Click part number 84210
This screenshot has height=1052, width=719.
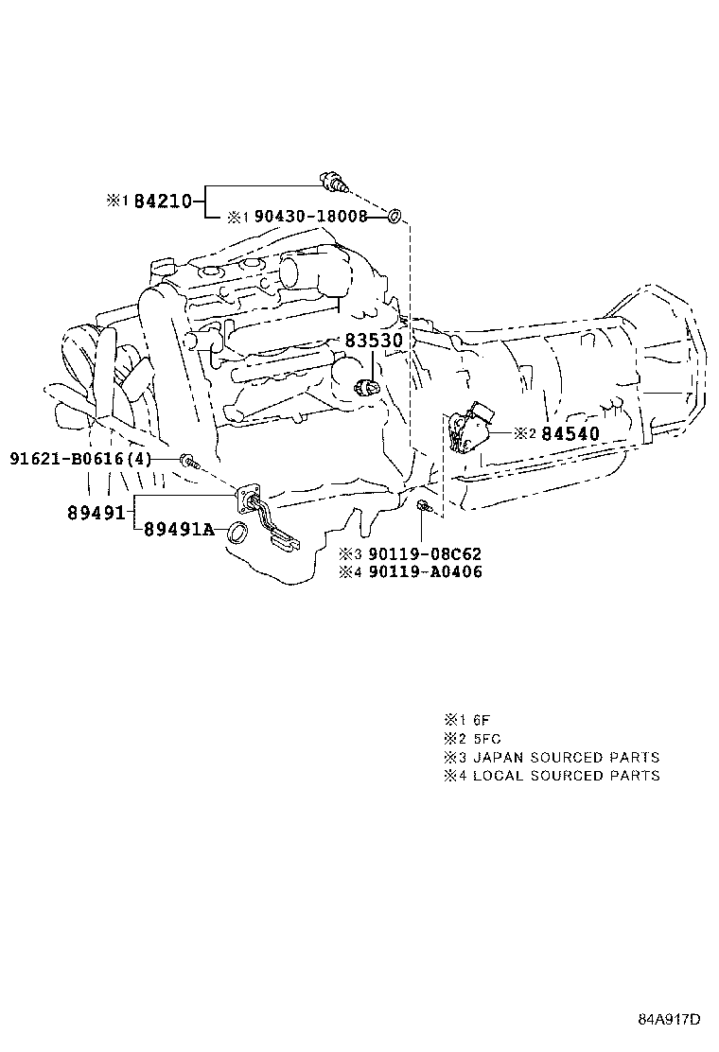point(162,201)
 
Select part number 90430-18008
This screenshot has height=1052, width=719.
point(310,217)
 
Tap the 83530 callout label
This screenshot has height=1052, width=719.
point(373,341)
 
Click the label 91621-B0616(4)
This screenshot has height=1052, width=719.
point(80,459)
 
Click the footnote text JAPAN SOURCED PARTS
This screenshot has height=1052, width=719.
point(566,757)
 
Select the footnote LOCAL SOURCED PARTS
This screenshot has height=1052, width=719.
point(566,775)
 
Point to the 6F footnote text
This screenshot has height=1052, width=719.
point(481,719)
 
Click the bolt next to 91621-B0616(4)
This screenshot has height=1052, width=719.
point(190,461)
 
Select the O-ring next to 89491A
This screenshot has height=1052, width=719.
point(237,531)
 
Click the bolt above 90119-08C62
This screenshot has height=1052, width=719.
point(424,510)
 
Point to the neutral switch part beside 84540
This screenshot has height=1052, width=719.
point(472,429)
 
